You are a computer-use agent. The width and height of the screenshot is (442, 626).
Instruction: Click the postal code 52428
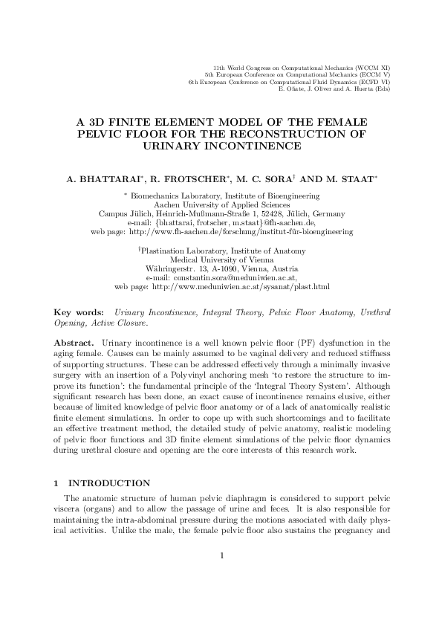pos(242,213)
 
